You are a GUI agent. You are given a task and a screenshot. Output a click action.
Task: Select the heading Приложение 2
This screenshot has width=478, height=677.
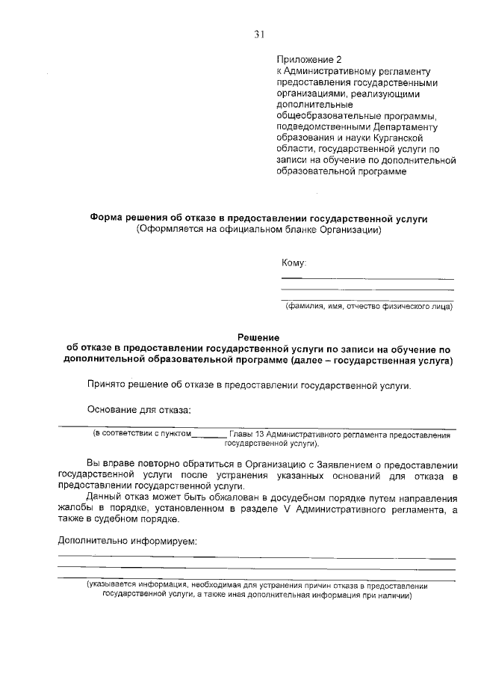[x=308, y=59]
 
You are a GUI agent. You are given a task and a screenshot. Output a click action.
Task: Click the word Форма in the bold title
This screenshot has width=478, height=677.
[x=105, y=218]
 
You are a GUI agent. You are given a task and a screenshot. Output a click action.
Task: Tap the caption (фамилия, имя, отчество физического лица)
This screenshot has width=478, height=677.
[x=368, y=306]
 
